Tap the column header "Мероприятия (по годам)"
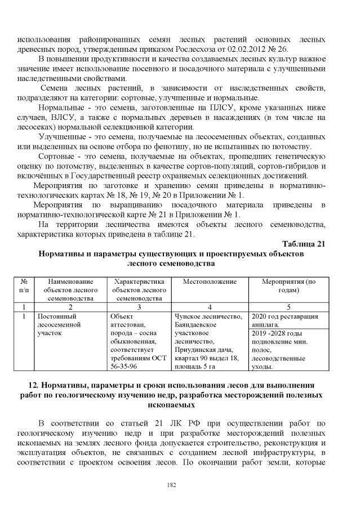pyautogui.click(x=290, y=285)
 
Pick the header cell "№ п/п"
pyautogui.click(x=24, y=285)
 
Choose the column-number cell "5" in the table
pyautogui.click(x=290, y=307)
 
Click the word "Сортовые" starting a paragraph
pyautogui.click(x=55, y=156)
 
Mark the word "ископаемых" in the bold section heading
pyautogui.click(x=180, y=404)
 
